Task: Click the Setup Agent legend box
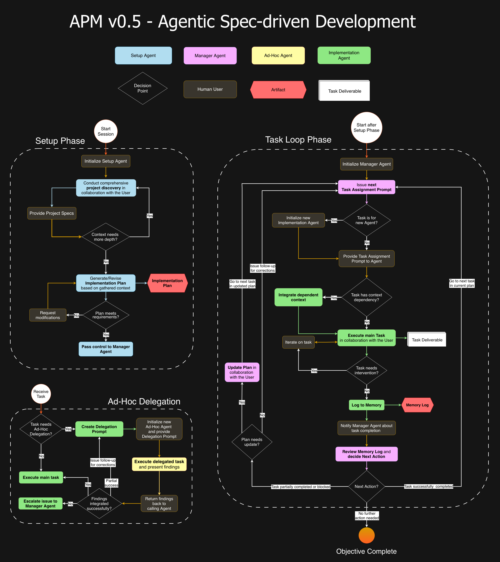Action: point(143,56)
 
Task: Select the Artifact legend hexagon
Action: point(278,90)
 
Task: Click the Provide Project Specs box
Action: point(52,213)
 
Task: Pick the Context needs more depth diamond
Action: point(106,237)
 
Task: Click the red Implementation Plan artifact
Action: point(167,283)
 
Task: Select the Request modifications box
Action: point(48,315)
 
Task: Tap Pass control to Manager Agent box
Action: point(106,349)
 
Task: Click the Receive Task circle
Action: point(41,394)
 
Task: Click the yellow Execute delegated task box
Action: point(159,464)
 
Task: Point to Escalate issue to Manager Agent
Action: point(40,503)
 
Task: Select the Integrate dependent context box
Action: point(298,297)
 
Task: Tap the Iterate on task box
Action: point(298,342)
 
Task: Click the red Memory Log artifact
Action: point(417,405)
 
